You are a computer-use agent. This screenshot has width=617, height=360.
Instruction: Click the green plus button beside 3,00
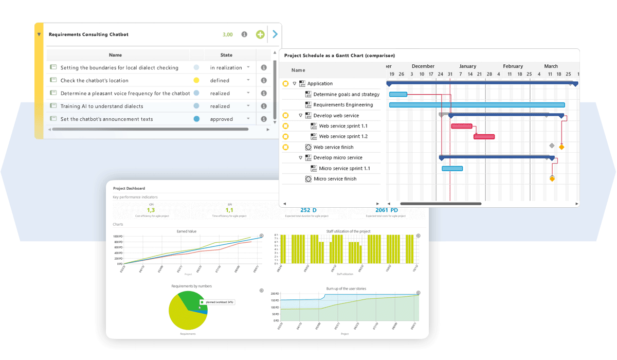click(x=260, y=34)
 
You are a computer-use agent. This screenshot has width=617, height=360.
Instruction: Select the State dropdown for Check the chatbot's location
click(x=248, y=80)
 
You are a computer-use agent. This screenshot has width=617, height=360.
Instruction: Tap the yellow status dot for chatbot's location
click(x=196, y=80)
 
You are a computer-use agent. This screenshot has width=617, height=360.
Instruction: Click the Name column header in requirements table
click(x=115, y=55)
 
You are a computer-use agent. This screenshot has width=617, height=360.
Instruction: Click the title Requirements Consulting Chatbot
click(x=88, y=34)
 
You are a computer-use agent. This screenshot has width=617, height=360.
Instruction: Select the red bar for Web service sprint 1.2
click(x=484, y=137)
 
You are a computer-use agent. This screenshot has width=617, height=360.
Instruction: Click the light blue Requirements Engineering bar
click(x=477, y=105)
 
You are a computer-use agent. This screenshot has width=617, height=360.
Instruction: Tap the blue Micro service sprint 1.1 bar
click(x=452, y=168)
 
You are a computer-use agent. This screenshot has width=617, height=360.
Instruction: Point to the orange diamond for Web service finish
click(x=561, y=147)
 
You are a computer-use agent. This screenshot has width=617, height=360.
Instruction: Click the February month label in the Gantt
click(x=513, y=66)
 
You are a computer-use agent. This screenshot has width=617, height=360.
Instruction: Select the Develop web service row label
click(x=336, y=115)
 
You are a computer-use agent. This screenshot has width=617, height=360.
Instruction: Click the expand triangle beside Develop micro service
click(x=301, y=158)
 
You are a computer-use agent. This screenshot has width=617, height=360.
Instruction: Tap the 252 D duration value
click(x=308, y=210)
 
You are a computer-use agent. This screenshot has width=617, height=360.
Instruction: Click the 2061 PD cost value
click(x=386, y=210)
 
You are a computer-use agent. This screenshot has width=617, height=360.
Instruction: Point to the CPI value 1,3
click(x=151, y=210)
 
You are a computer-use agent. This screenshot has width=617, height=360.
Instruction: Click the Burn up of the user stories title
click(x=346, y=289)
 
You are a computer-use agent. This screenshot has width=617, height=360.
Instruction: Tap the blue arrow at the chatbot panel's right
click(x=275, y=34)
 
